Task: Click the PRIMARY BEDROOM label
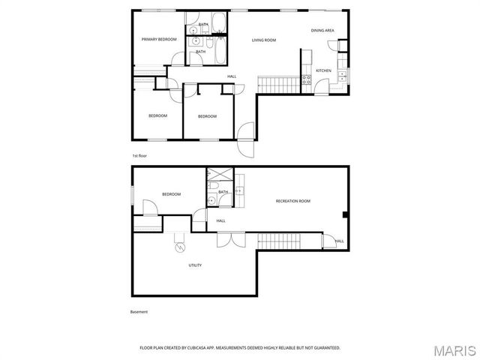tap(160, 38)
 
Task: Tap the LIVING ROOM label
tap(264, 40)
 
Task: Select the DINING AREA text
tap(322, 30)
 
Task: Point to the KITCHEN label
tap(323, 70)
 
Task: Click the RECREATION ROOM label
tap(293, 201)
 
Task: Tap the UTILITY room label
tap(195, 265)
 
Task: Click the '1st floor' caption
tap(139, 155)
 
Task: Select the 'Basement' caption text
tap(139, 312)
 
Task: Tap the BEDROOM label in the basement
tap(171, 194)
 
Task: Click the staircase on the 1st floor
tap(279, 83)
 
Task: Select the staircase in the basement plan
tap(278, 241)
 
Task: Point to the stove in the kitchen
tap(306, 78)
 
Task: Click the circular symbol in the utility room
tap(179, 247)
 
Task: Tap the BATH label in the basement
tap(223, 192)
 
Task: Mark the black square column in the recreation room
tap(344, 216)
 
